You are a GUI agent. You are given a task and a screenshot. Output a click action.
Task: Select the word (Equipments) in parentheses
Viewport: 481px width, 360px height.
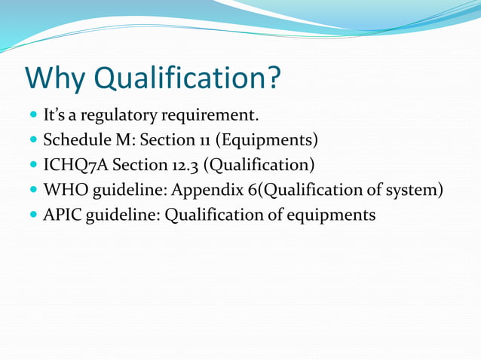pos(267,141)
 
